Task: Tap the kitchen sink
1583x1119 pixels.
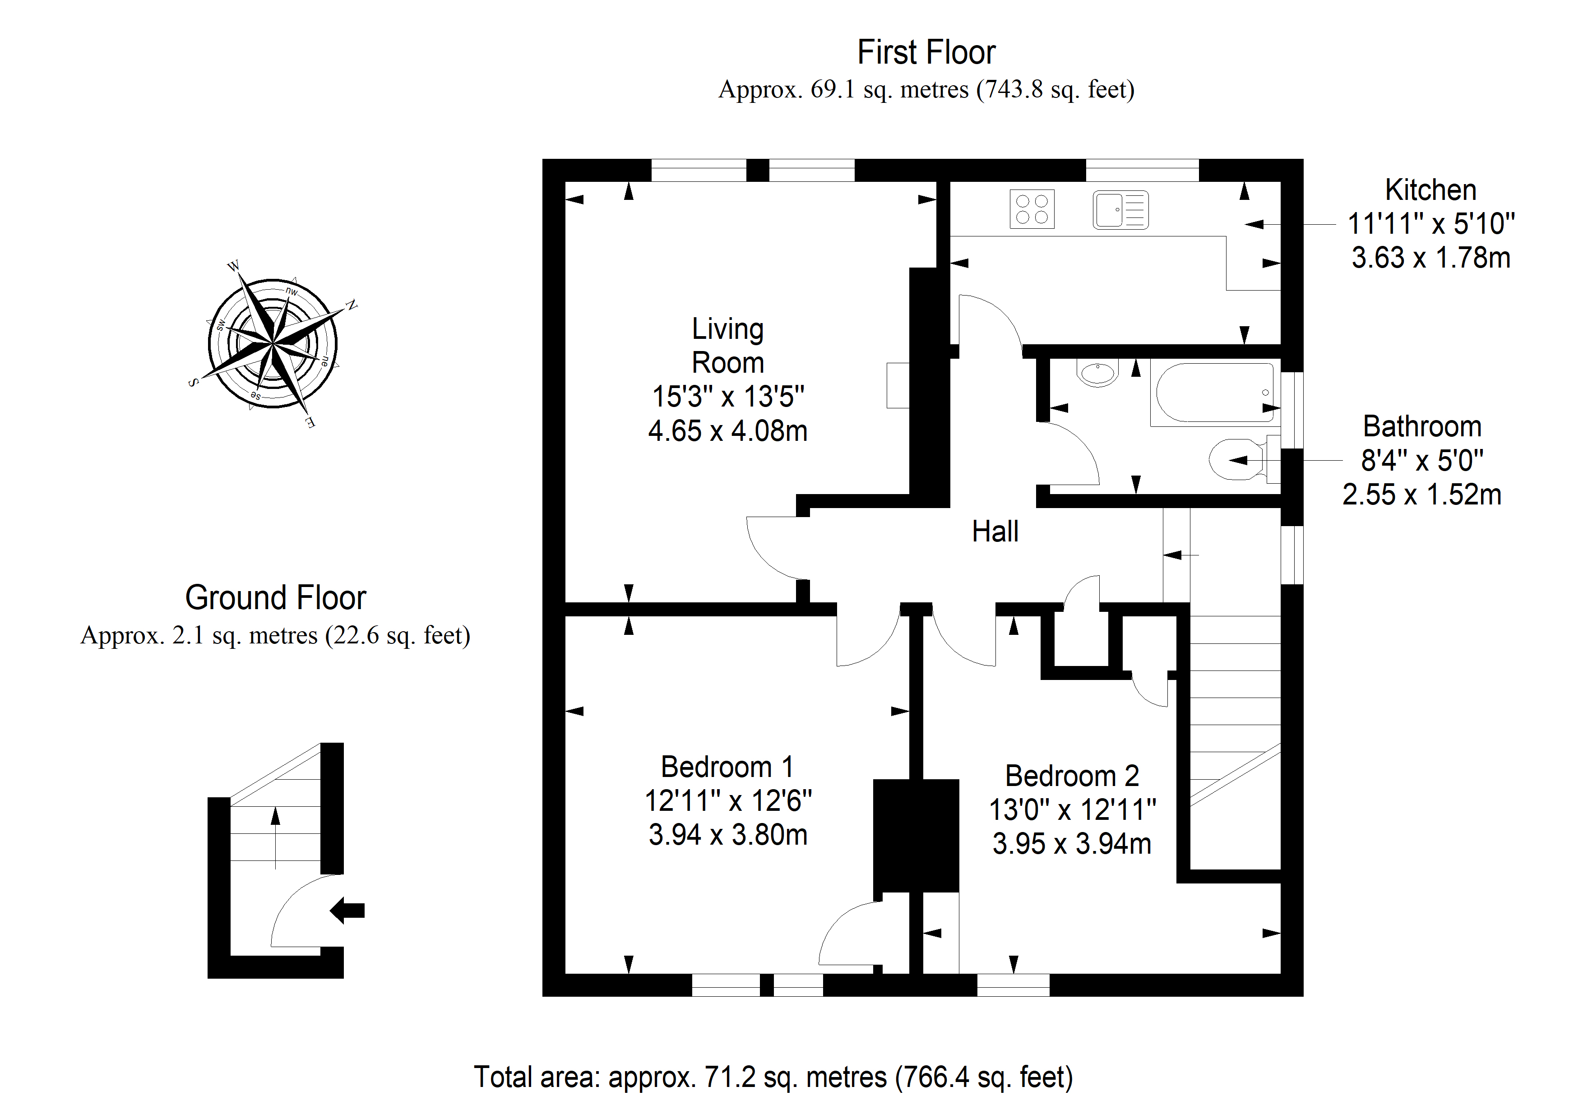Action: tap(1120, 210)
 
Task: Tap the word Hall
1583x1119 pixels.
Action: tap(995, 532)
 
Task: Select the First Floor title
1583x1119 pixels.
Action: tap(926, 52)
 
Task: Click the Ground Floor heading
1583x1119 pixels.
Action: tap(275, 598)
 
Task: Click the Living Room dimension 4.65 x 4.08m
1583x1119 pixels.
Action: tap(727, 431)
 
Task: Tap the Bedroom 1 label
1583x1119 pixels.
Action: tap(727, 767)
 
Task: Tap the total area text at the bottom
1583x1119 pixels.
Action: tap(773, 1077)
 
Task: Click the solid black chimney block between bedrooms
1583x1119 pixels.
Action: tap(916, 836)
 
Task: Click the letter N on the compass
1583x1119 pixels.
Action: tap(352, 305)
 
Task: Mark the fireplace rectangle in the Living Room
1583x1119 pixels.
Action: tap(898, 385)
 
